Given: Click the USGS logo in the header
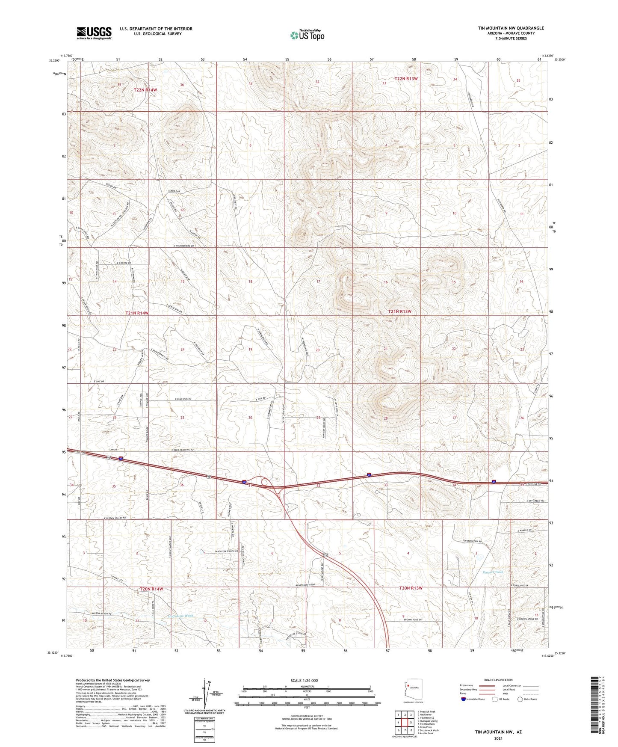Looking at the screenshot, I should point(94,33).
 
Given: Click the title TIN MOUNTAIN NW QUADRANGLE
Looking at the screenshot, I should point(511,28).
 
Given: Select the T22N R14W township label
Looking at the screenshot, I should point(145,90).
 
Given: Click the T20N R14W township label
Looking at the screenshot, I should point(152,589).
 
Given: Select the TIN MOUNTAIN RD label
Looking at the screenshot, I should point(472,541).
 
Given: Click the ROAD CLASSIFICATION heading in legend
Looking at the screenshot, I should point(498,680).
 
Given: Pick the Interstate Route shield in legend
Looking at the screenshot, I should point(464,700).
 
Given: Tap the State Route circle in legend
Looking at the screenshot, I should point(520,700).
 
